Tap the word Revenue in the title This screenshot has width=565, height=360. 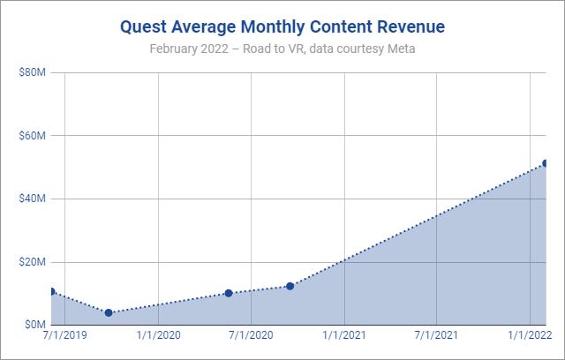pyautogui.click(x=404, y=26)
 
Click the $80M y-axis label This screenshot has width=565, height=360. pyautogui.click(x=33, y=72)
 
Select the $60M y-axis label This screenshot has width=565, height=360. pyautogui.click(x=33, y=136)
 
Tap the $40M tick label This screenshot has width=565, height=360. pyautogui.click(x=33, y=199)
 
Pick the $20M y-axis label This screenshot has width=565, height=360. pyautogui.click(x=33, y=262)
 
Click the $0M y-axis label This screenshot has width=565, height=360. pyautogui.click(x=35, y=325)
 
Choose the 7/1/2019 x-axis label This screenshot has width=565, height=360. pyautogui.click(x=65, y=336)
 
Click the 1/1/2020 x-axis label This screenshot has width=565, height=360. pyautogui.click(x=159, y=336)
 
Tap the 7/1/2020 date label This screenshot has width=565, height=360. pyautogui.click(x=252, y=336)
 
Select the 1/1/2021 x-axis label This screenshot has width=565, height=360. pyautogui.click(x=344, y=336)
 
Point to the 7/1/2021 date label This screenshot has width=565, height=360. pyautogui.click(x=437, y=336)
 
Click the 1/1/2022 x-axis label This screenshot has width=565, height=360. pyautogui.click(x=530, y=336)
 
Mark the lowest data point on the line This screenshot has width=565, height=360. pyautogui.click(x=109, y=312)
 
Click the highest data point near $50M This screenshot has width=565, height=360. pyautogui.click(x=545, y=163)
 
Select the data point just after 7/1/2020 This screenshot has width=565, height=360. pyautogui.click(x=290, y=286)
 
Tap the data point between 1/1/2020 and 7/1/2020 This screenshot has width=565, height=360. pyautogui.click(x=229, y=293)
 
